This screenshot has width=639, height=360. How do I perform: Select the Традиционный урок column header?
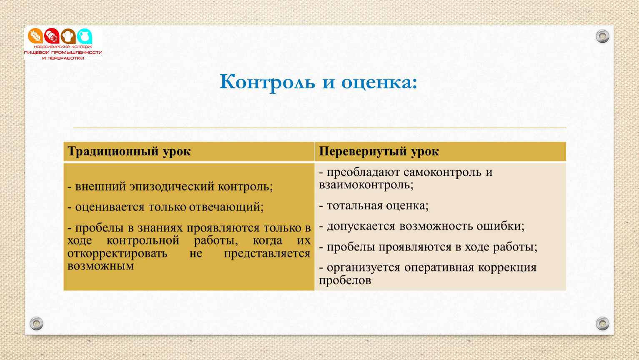129,152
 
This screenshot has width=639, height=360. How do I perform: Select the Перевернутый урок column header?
379,152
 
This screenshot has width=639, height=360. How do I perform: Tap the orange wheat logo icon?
35,36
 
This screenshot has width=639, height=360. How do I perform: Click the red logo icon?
52,36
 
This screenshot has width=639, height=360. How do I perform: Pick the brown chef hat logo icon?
68,36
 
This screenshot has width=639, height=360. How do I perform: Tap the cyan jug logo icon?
85,36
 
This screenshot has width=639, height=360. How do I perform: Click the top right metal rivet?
602,36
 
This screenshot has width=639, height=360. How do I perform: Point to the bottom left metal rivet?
37,323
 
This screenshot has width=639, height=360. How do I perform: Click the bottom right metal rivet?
602,323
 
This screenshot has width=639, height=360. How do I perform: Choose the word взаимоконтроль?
366,185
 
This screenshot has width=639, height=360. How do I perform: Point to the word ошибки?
500,226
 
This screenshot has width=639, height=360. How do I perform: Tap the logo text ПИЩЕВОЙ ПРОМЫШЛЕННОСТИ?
63,52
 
